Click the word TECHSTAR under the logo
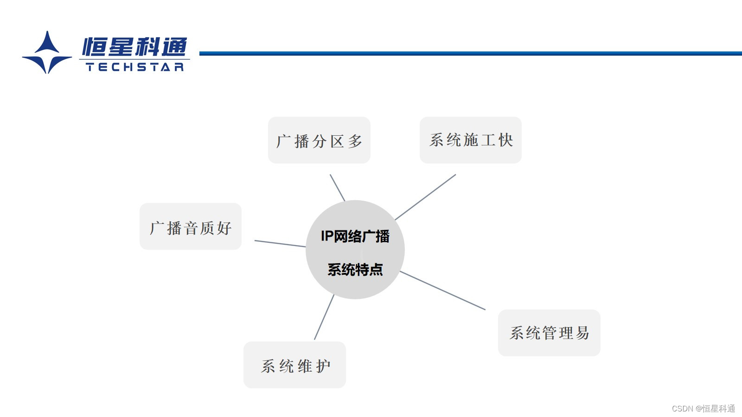135,67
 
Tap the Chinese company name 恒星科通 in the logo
135,47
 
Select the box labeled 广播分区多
319,140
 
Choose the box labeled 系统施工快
471,140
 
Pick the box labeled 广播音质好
191,227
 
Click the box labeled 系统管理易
549,333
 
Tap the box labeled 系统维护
295,365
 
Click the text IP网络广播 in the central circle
355,236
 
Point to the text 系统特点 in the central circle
355,269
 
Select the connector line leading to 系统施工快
425,197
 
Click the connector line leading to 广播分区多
337,188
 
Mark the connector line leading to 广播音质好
280,244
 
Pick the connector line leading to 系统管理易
442,291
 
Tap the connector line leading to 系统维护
324,317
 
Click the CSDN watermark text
703,408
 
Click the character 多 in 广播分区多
355,141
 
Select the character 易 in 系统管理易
582,333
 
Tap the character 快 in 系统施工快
505,140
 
